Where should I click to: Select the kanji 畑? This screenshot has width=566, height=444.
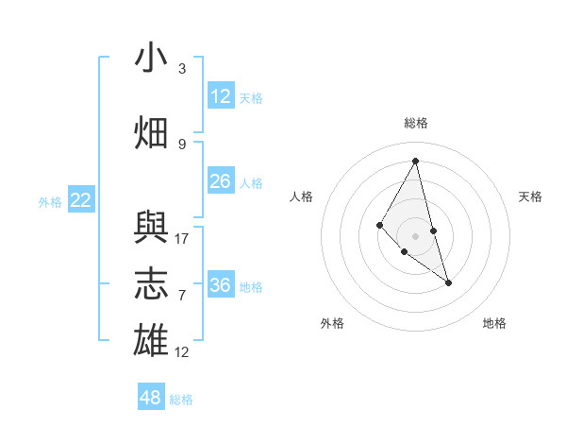point(151,133)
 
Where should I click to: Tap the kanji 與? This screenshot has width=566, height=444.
point(151,227)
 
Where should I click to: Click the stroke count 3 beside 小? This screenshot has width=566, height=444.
point(182,68)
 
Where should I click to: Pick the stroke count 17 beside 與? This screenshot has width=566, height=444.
point(182,238)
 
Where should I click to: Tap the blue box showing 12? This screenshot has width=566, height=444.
point(221,96)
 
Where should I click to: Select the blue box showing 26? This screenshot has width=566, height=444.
point(221,181)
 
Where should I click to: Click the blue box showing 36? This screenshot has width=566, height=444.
point(221,285)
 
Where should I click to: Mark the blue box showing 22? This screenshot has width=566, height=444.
point(81,200)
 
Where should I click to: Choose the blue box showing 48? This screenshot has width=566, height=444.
point(151,398)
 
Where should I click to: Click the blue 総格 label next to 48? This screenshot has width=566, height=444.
point(181,400)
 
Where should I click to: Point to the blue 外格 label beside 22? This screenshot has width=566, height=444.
point(50,201)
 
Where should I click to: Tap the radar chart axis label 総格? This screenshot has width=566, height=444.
point(416,123)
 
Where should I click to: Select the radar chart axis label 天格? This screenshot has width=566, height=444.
point(530,196)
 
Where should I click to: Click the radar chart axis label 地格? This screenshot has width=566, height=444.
point(494,323)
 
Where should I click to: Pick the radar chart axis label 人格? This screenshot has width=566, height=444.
point(301,196)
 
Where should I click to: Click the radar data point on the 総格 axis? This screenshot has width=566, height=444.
point(416,161)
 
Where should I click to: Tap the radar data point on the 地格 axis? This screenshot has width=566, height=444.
point(448,282)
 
